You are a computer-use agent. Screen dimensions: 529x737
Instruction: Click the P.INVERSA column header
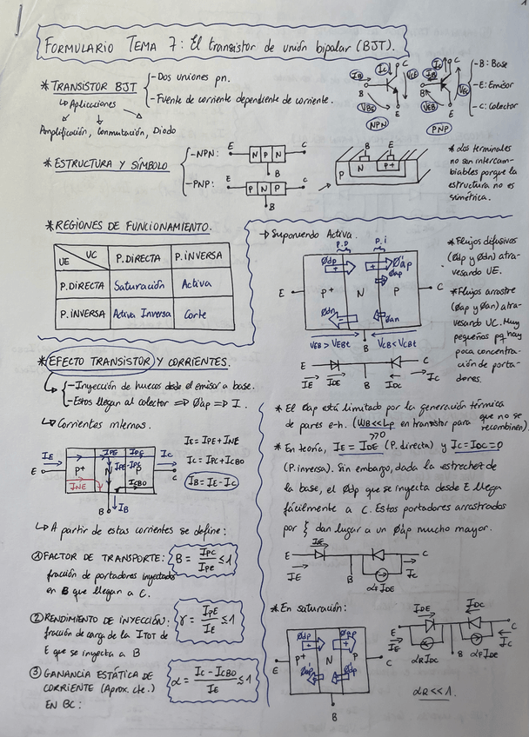[198, 257]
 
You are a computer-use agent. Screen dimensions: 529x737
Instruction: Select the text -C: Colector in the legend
[494, 106]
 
